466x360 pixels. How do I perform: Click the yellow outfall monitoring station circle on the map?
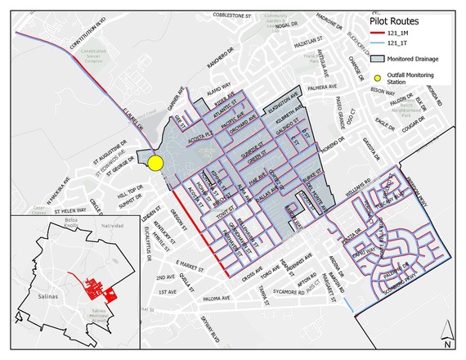pyautogui.click(x=157, y=162)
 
